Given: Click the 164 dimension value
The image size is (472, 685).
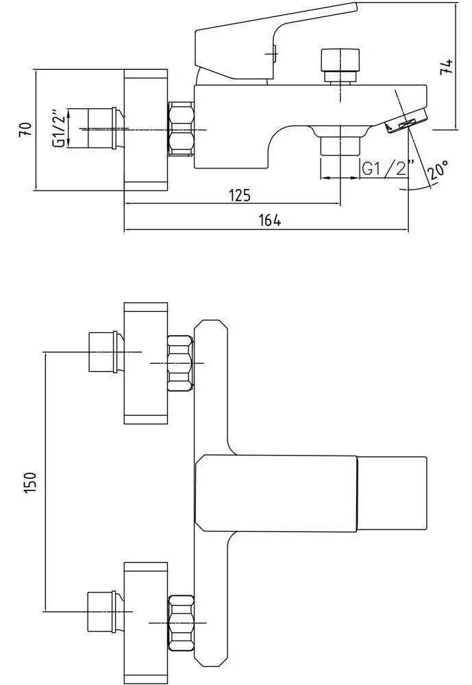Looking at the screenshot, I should (270, 221).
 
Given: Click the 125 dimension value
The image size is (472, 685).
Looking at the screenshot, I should (239, 195).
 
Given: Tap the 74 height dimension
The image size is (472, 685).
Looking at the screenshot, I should (446, 66).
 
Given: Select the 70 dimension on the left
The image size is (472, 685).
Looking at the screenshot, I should (25, 129).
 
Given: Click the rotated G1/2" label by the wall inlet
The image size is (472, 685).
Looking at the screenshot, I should (60, 128).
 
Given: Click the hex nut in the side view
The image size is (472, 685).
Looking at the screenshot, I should (181, 128).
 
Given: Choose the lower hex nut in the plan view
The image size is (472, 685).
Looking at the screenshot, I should (181, 622).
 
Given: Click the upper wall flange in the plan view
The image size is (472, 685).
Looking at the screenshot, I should (145, 363).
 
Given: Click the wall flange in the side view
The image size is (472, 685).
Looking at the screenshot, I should (145, 129).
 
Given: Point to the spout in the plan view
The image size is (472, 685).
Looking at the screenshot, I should (312, 492).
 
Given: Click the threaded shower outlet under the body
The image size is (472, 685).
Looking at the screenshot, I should (338, 145).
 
